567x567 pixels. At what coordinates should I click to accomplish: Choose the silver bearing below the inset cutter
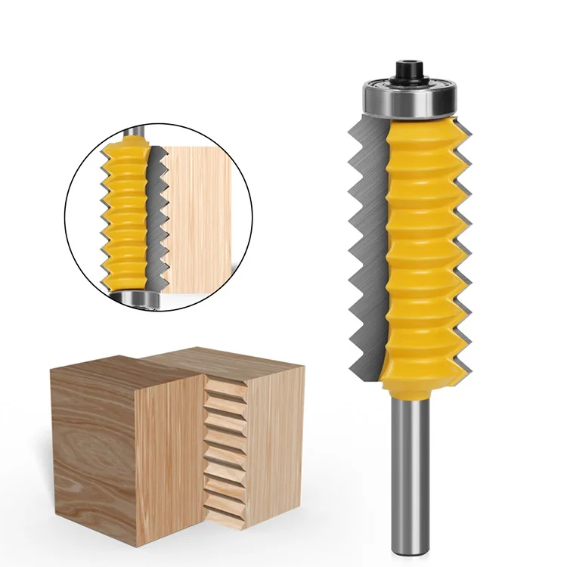[x=141, y=298]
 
